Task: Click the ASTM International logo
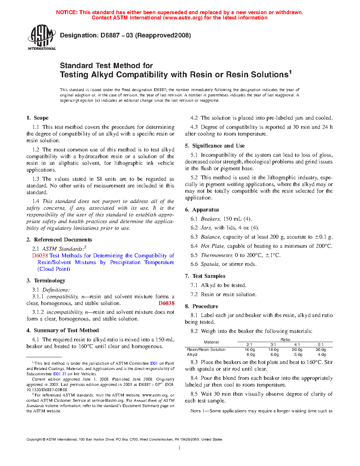[42, 37]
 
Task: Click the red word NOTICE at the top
[67, 12]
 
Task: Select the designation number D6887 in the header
[110, 35]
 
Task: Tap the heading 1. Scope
[37, 118]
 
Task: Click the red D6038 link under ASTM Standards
[40, 256]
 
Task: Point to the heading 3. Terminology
[46, 281]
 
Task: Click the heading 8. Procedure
[202, 306]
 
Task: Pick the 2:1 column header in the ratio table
[250, 345]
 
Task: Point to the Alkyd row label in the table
[192, 354]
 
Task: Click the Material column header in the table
[211, 342]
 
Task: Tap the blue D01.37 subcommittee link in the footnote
[60, 374]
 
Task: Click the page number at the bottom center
[180, 448]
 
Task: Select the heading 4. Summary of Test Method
[62, 330]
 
